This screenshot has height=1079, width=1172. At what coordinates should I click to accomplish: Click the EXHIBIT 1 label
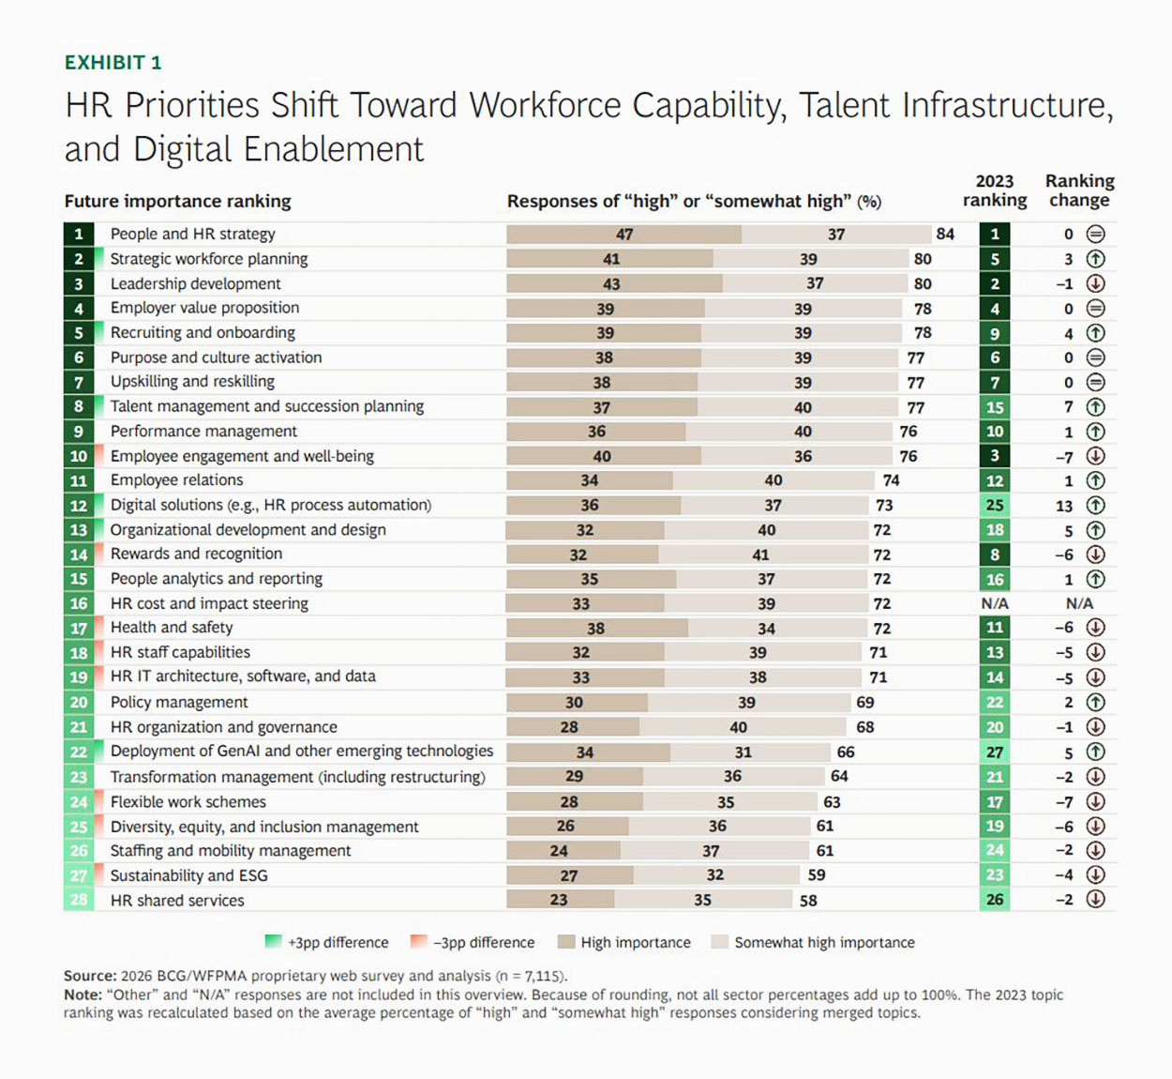point(113,63)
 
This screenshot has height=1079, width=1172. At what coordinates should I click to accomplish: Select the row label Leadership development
point(195,283)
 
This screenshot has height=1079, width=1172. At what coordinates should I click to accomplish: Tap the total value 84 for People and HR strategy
point(944,234)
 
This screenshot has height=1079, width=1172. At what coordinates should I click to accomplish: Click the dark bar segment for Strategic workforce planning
point(609,259)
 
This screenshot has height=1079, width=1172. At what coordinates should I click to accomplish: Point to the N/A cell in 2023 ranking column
point(995,603)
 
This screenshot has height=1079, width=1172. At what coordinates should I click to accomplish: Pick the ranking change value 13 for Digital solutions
point(1064,506)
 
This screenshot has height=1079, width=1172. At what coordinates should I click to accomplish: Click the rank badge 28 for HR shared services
point(79,900)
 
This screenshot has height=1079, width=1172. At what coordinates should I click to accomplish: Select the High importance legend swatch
point(565,942)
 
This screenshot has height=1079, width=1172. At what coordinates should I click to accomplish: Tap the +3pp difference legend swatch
point(274,942)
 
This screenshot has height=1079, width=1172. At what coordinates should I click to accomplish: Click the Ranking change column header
point(1079,190)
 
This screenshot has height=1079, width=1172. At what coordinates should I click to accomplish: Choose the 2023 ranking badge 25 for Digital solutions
point(995,506)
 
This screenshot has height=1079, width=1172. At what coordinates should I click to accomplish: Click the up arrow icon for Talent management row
point(1095,407)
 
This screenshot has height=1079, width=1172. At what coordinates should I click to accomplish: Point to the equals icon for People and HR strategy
point(1095,234)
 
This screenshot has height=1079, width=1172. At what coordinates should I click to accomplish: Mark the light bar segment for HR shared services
point(703,900)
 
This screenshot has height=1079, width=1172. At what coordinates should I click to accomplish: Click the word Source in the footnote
point(89,976)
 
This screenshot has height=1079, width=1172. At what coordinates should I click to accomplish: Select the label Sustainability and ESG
point(188,875)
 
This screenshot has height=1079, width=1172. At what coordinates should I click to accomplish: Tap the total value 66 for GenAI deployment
point(846,752)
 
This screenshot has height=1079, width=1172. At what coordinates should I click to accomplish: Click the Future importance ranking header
point(177,201)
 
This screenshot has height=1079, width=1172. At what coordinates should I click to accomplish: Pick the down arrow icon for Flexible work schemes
point(1095,802)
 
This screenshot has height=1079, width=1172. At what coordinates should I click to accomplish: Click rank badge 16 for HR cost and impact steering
point(79,603)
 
